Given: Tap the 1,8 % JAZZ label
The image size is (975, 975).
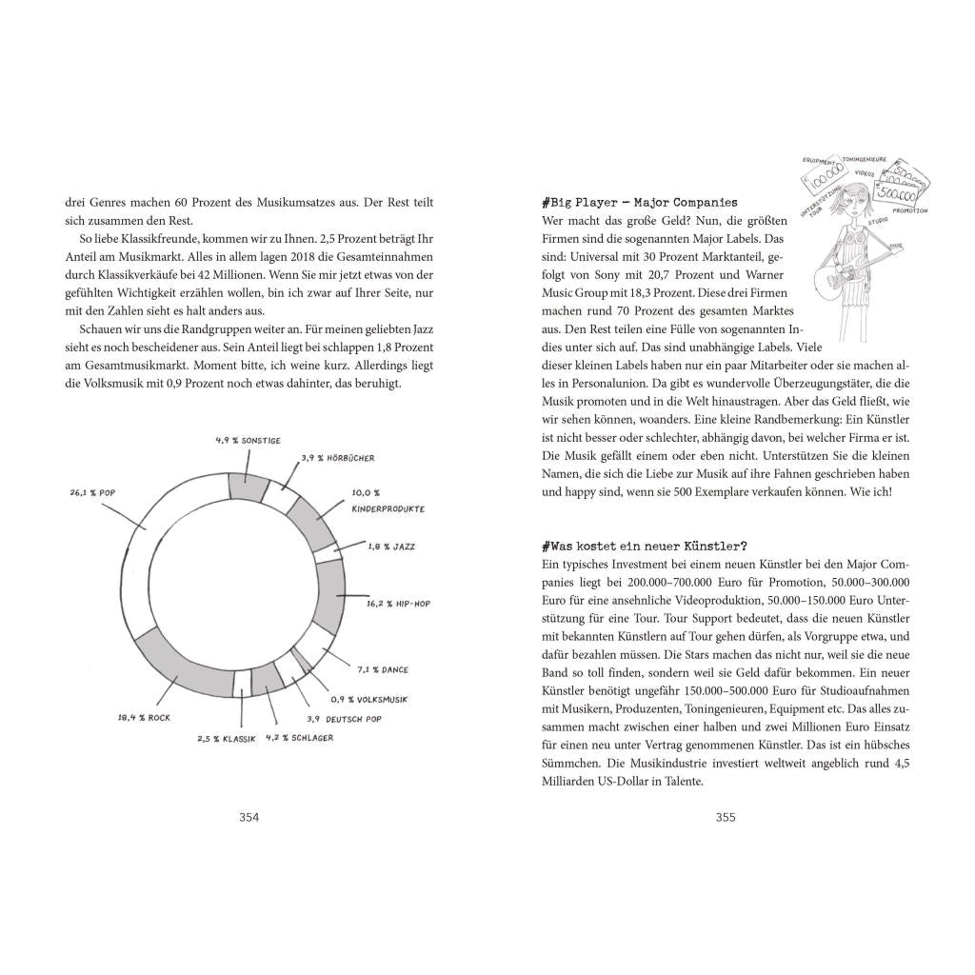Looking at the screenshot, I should (390, 547).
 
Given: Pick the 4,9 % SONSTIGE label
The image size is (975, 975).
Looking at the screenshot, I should (247, 440).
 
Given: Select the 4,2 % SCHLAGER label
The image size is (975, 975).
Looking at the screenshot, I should (299, 738).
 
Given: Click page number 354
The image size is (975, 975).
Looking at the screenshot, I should (249, 817).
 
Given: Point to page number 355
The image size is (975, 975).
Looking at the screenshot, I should (726, 817).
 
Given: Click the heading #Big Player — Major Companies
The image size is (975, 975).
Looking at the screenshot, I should (638, 203).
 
